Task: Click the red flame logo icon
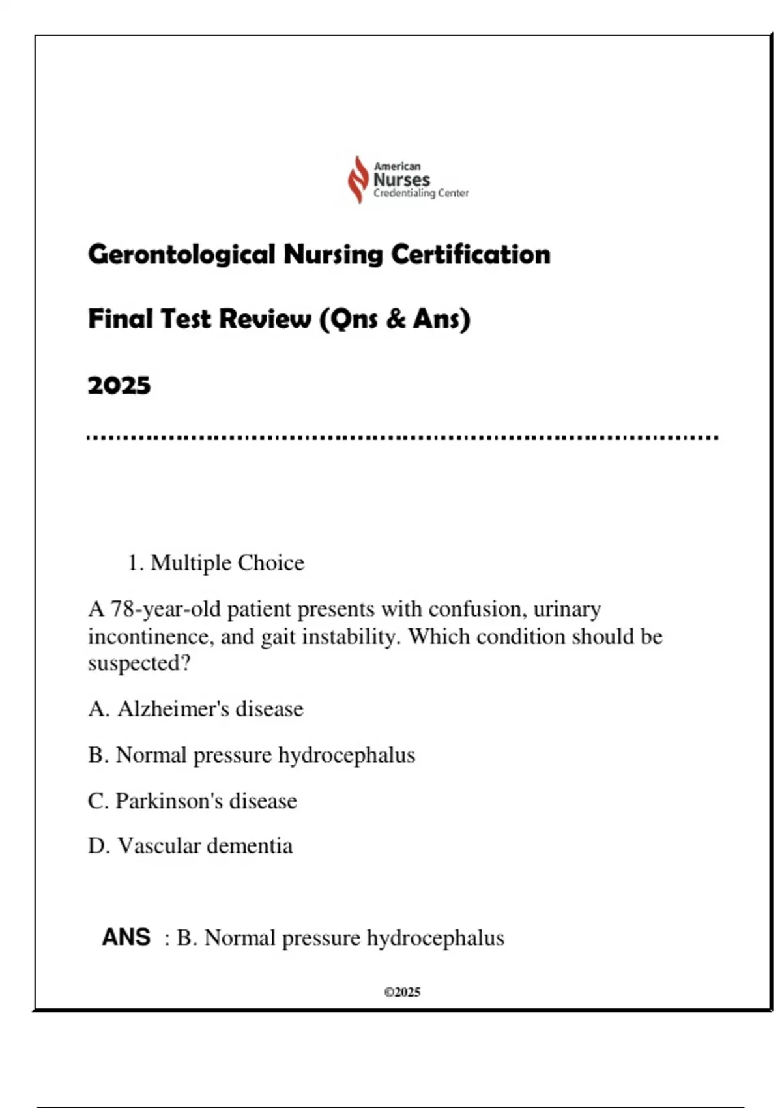click(x=358, y=179)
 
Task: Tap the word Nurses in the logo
click(x=401, y=180)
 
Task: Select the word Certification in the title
click(x=471, y=254)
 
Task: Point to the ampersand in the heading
click(x=395, y=319)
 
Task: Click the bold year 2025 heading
click(x=119, y=385)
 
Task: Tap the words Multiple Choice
click(x=227, y=562)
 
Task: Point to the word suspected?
click(x=139, y=663)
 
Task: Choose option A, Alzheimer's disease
click(x=195, y=708)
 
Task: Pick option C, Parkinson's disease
click(x=192, y=800)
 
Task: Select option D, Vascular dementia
click(x=190, y=846)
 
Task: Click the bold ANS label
click(x=126, y=937)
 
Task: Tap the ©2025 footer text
click(x=402, y=992)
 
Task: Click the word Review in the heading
click(x=265, y=319)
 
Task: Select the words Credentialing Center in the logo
click(x=421, y=194)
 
